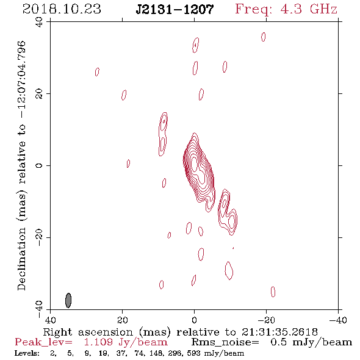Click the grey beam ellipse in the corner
(x=68, y=300)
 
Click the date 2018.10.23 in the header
(x=62, y=9)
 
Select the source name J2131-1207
(x=175, y=9)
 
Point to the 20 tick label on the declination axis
(x=39, y=94)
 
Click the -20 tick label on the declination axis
(x=39, y=237)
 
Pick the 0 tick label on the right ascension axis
(x=194, y=320)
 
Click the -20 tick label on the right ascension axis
(x=266, y=320)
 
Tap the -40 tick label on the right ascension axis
(x=338, y=320)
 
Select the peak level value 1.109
(x=98, y=342)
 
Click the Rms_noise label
(x=225, y=342)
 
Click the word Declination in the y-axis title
(x=21, y=259)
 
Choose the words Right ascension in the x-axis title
(x=88, y=332)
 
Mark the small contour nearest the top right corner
(x=264, y=37)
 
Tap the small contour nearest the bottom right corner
(x=273, y=292)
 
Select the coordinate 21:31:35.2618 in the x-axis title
(x=279, y=332)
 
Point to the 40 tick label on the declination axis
(x=39, y=22)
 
